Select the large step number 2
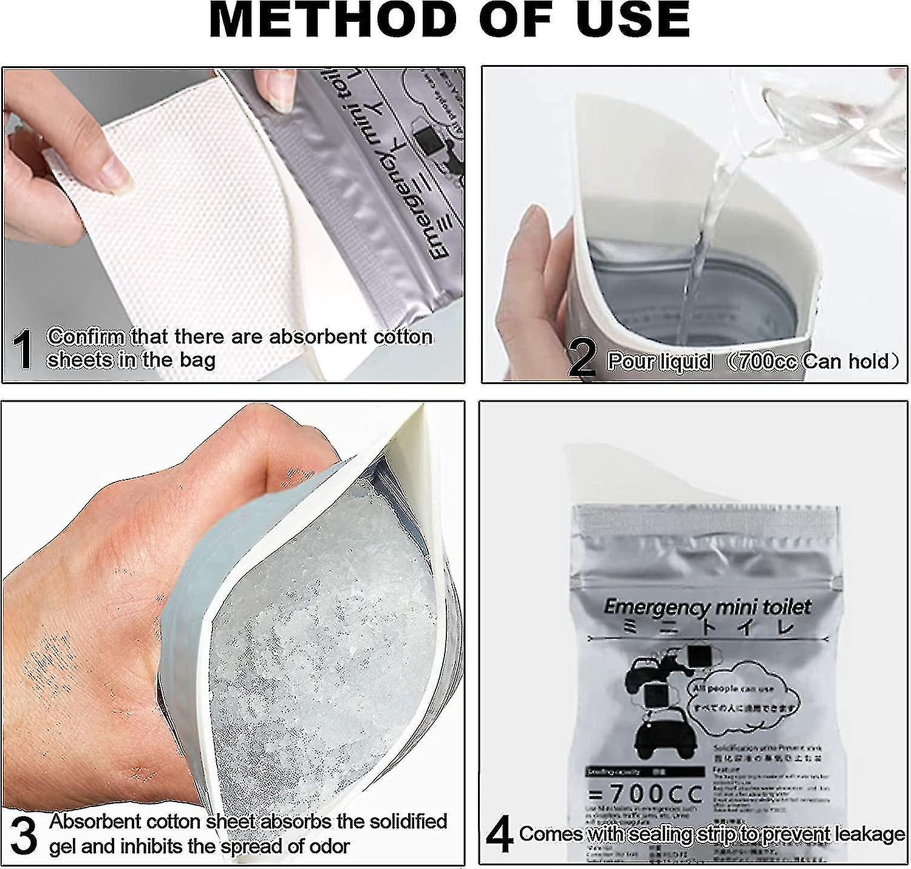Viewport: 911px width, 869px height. (x=582, y=359)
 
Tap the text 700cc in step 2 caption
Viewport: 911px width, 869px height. (x=764, y=362)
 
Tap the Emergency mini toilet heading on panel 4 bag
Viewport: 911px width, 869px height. (x=708, y=606)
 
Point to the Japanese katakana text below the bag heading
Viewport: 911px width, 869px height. (x=708, y=627)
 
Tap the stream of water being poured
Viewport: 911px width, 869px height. (x=705, y=243)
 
